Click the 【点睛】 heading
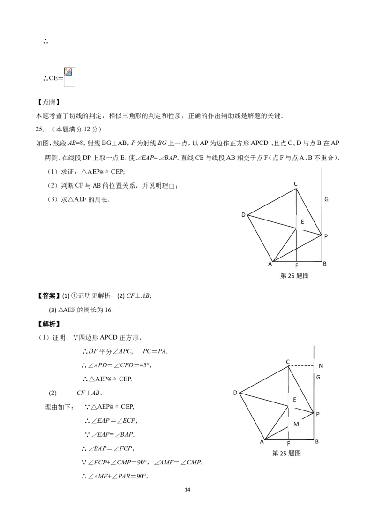48,102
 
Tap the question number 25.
40,129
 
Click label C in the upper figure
295,183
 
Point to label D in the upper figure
243,215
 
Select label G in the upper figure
326,199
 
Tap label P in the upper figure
326,236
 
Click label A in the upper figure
270,264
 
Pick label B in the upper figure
324,264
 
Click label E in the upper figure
302,221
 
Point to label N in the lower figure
321,366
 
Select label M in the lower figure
296,424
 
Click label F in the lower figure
288,444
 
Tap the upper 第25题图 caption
294,276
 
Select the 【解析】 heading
48,324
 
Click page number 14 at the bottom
188,489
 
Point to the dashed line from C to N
301,366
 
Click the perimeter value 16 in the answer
108,310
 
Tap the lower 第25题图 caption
286,453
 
